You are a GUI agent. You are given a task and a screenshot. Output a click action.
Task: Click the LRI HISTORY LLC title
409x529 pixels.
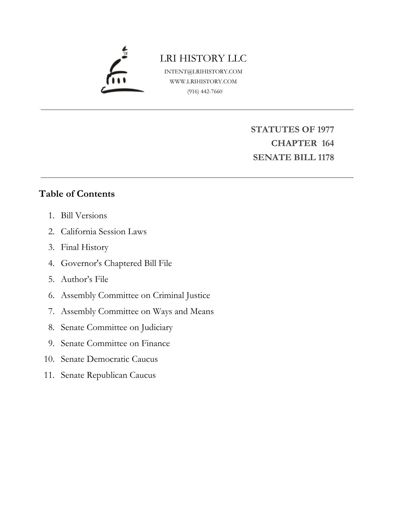(203, 58)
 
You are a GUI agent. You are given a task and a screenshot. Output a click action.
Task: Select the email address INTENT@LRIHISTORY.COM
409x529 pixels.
(203, 71)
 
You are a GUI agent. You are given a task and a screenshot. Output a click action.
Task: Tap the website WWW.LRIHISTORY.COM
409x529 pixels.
(203, 81)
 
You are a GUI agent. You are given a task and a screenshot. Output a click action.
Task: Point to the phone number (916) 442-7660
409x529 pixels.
(205, 92)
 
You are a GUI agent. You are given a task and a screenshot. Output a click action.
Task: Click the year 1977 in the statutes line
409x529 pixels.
(325, 129)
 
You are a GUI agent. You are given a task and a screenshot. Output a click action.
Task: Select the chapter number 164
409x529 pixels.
(328, 143)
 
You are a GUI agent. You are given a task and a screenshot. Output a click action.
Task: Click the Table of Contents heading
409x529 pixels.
(77, 194)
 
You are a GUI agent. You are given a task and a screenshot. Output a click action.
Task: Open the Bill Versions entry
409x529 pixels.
(84, 216)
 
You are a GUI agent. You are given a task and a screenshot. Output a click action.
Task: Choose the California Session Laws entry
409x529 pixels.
(104, 232)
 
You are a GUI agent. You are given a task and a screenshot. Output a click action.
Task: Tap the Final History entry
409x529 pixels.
(85, 247)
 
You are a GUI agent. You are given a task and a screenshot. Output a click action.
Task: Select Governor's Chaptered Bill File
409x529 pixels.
(116, 263)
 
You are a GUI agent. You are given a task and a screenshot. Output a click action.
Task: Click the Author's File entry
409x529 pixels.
(85, 279)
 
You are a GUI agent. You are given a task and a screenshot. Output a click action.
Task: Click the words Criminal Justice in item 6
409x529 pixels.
(181, 295)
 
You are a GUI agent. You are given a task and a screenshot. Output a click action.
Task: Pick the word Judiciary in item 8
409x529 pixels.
(157, 327)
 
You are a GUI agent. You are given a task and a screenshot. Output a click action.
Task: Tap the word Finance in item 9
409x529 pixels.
(156, 343)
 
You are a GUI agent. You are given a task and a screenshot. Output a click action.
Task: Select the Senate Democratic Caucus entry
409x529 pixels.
(109, 359)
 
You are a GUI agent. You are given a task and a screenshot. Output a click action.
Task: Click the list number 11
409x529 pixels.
(49, 375)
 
